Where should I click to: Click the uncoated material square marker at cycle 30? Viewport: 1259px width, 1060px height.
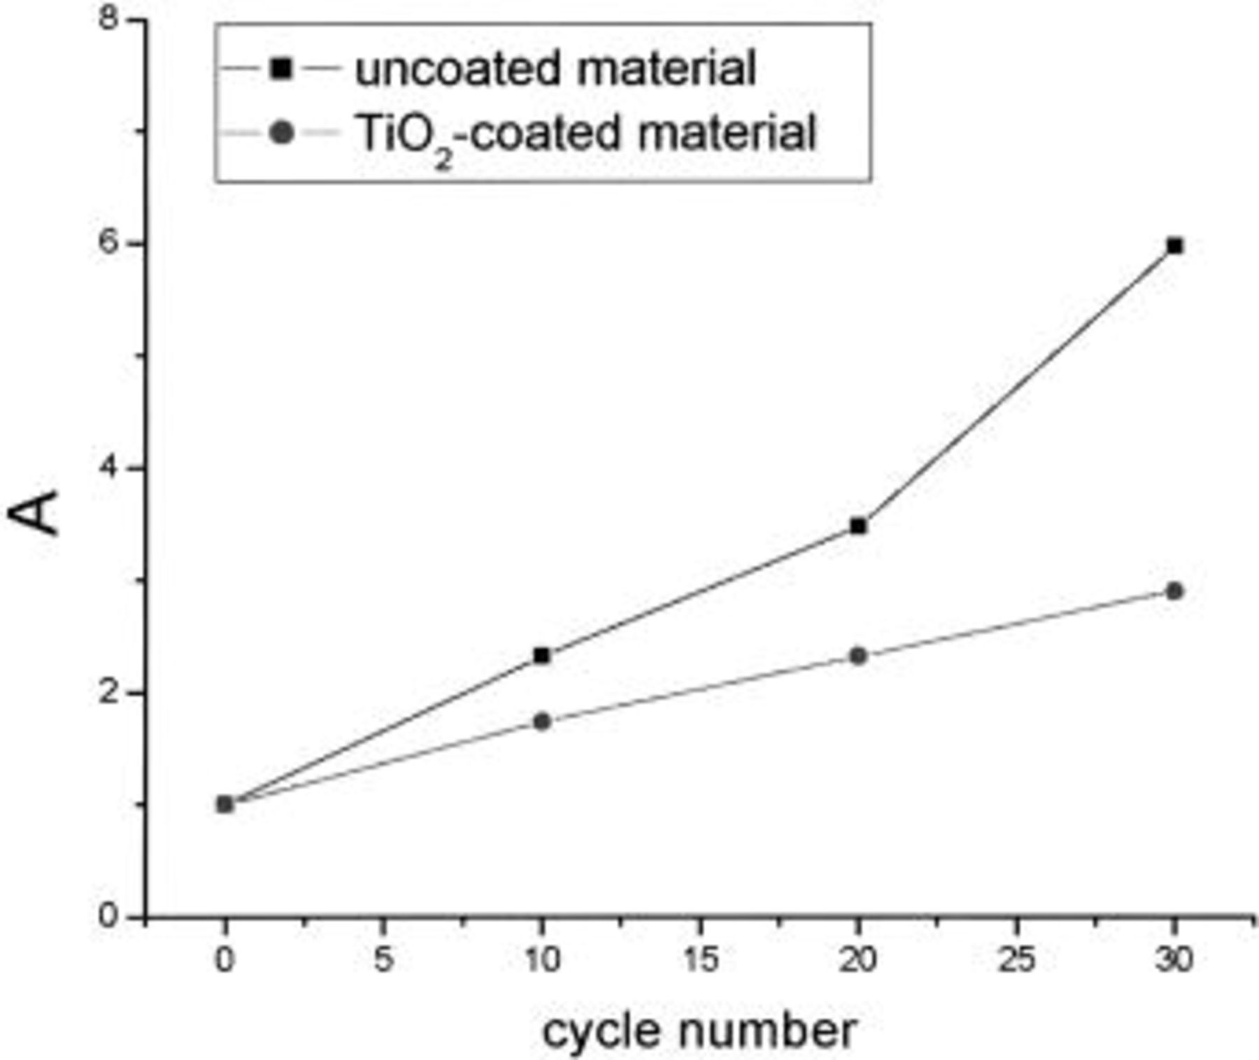click(x=1174, y=246)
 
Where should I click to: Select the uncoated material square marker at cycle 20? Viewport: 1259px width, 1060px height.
click(x=858, y=526)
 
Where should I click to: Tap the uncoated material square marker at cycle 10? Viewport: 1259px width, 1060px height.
click(x=541, y=656)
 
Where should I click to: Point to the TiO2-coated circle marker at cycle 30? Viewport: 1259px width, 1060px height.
click(x=1174, y=592)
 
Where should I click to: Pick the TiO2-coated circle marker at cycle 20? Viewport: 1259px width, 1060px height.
click(x=858, y=656)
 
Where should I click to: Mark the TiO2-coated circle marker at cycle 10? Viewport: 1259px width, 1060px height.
click(x=541, y=722)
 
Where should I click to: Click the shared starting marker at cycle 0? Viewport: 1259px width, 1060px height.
click(x=225, y=805)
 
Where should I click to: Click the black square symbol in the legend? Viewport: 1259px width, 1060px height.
click(x=281, y=69)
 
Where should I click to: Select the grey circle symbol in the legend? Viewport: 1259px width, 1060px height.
click(x=281, y=133)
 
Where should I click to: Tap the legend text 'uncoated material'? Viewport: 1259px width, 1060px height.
click(x=555, y=69)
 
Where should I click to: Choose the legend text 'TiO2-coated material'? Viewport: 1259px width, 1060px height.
click(x=586, y=134)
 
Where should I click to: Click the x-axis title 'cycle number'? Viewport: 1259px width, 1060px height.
click(x=699, y=1031)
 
